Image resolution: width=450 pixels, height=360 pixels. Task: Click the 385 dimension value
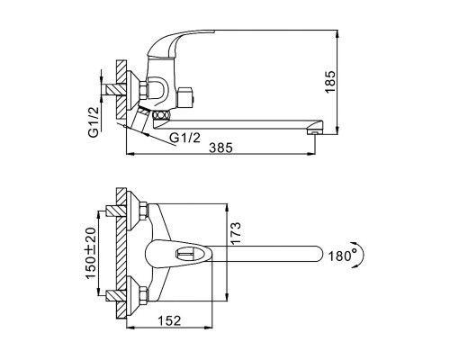(x=220, y=148)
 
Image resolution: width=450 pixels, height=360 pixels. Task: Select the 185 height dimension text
(x=330, y=82)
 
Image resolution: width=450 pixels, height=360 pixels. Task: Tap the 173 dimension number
(x=235, y=233)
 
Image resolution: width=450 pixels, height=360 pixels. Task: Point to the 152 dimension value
(x=169, y=320)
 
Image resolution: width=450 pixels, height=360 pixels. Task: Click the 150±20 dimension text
(x=92, y=253)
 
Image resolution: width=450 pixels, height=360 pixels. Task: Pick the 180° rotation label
(x=343, y=256)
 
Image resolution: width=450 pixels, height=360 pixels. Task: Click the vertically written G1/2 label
(x=94, y=121)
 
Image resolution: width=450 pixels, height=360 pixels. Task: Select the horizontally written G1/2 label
(x=184, y=138)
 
